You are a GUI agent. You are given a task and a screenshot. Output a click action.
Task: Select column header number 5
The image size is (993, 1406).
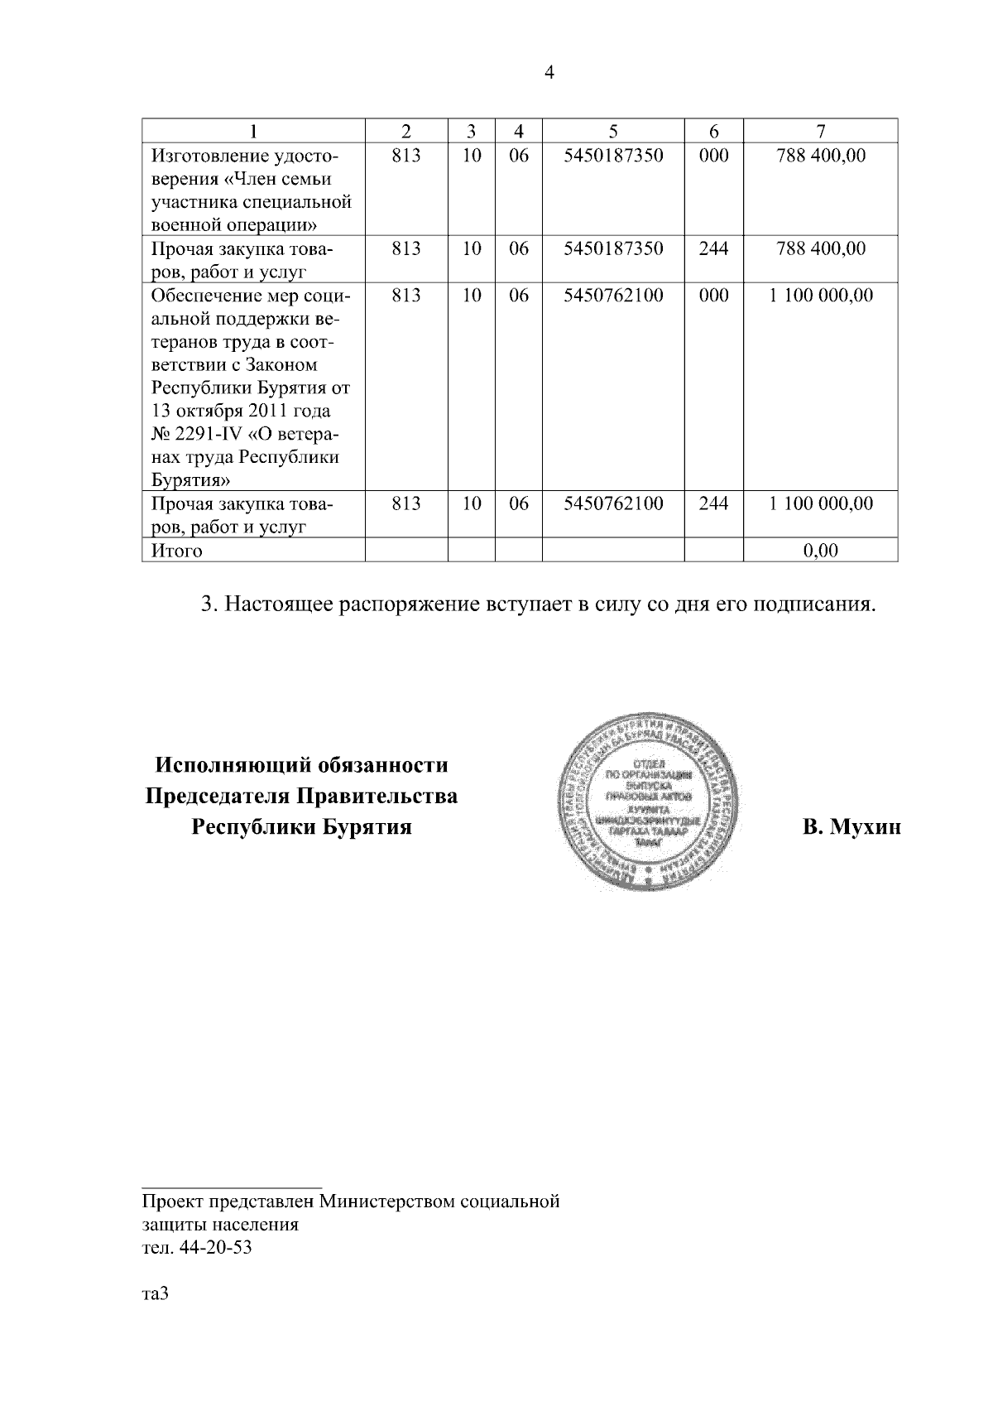[612, 131]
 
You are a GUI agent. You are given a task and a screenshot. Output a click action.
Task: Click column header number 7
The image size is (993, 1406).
[820, 131]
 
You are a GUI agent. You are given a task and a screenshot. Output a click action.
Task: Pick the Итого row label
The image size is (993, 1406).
[176, 551]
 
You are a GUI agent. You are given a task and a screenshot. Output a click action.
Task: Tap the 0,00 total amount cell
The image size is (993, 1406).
[820, 551]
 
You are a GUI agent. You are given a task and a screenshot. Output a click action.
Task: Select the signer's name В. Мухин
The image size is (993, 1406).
[851, 827]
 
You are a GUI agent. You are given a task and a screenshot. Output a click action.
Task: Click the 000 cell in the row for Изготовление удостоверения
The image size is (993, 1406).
[713, 155]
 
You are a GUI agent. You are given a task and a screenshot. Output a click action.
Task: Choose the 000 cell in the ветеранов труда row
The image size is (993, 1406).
[713, 296]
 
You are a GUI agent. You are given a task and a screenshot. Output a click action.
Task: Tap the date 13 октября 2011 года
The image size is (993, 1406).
[240, 411]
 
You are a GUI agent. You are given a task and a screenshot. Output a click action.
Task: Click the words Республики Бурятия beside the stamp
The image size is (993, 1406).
[301, 827]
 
